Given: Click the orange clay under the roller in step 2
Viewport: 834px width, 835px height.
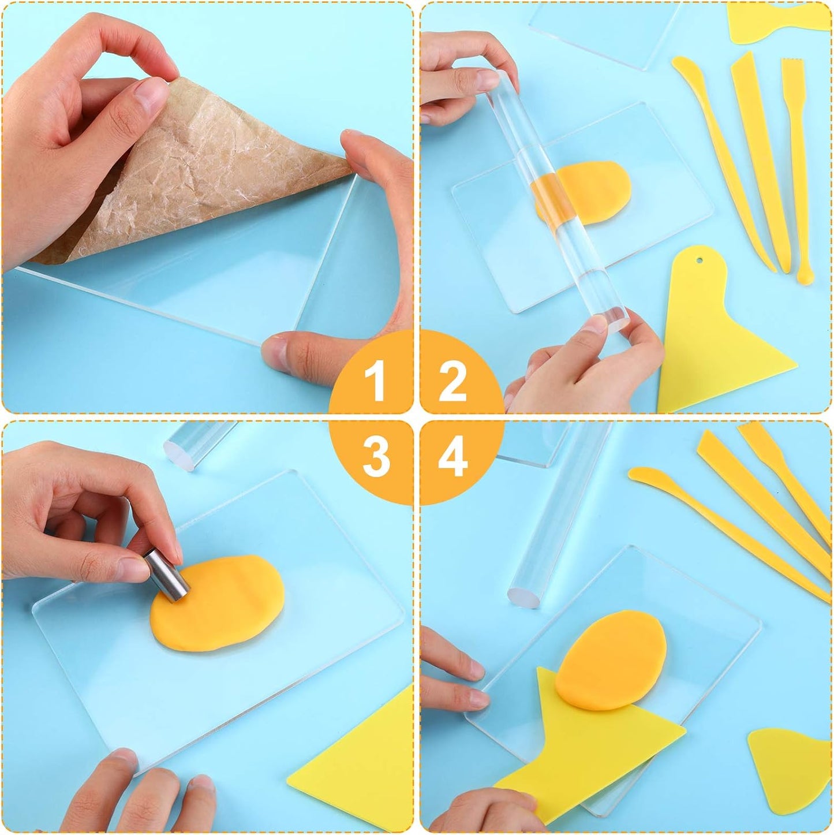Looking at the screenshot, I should (x=583, y=193).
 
